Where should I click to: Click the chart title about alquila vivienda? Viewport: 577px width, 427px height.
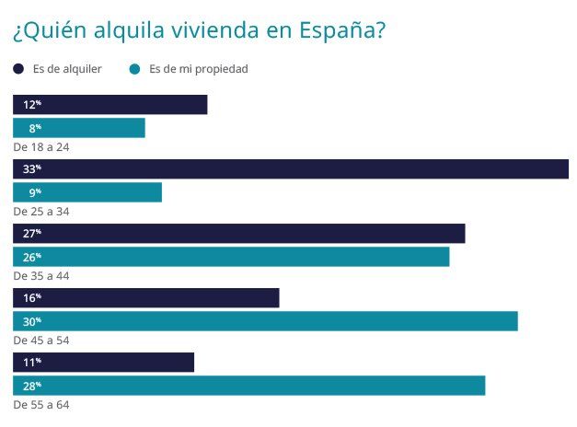tap(199, 30)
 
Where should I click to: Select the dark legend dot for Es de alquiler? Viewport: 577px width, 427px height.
tap(18, 69)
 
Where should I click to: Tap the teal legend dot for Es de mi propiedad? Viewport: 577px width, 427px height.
tap(135, 69)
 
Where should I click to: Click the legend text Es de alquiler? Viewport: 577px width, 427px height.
tap(66, 69)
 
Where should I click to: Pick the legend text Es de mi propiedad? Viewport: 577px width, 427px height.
tap(198, 69)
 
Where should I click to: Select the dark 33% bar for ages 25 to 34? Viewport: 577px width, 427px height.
tap(291, 169)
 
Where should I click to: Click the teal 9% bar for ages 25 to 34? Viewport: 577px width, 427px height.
tap(87, 192)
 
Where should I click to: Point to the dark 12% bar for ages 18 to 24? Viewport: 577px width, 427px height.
tap(110, 105)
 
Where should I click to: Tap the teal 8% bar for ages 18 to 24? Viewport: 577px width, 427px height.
tap(79, 128)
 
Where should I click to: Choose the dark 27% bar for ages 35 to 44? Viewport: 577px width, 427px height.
tap(239, 234)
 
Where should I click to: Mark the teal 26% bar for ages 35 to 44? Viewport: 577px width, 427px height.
tap(231, 257)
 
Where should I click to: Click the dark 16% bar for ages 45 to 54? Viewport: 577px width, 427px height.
tap(145, 298)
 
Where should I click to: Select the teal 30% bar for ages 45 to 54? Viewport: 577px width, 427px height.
tap(265, 321)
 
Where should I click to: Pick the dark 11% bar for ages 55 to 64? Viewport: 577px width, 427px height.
tap(103, 363)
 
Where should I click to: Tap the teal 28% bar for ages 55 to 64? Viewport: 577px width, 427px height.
tap(248, 386)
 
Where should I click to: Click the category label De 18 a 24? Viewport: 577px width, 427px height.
tap(41, 146)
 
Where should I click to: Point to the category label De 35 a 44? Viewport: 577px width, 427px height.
tap(41, 275)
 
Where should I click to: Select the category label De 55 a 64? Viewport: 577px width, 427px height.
tap(41, 404)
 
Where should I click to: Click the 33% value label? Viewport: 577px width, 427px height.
tap(32, 169)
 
